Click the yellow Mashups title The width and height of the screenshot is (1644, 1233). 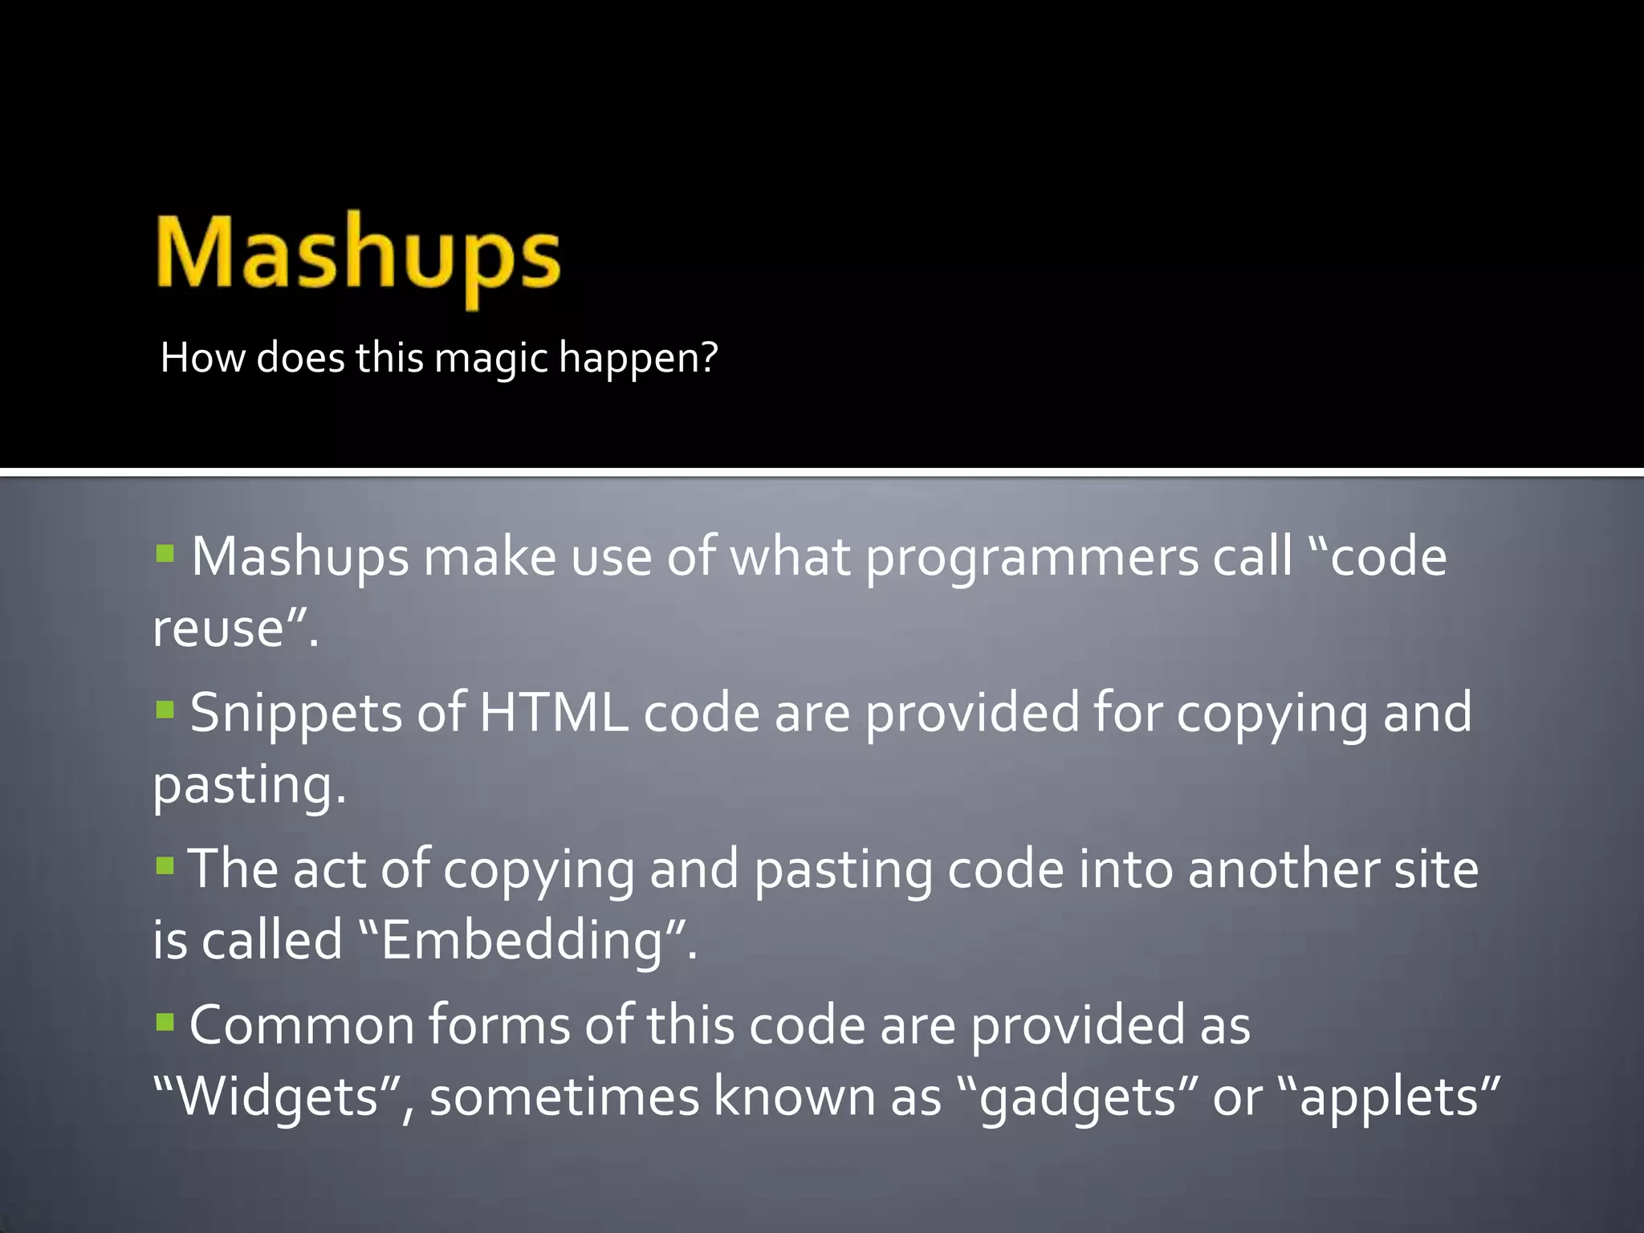[358, 255]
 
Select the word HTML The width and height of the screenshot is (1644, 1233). [554, 713]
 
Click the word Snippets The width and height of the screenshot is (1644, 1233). [295, 713]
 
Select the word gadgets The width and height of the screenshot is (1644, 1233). [1078, 1097]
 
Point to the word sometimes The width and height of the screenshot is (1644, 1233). [564, 1097]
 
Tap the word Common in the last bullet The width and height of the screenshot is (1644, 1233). [300, 1026]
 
